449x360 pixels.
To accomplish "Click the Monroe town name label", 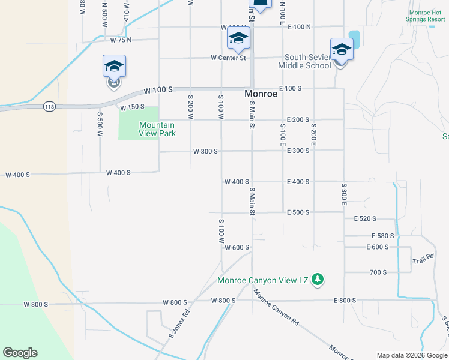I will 261,94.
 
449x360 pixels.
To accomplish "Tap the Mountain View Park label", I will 157,129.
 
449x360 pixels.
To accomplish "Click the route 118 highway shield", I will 49,107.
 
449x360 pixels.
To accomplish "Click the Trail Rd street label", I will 423,260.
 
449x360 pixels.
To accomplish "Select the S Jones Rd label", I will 179,324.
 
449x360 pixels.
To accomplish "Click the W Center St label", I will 228,58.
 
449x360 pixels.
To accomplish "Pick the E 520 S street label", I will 365,219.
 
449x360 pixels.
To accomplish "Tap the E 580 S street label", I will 382,236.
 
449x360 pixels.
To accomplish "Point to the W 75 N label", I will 121,40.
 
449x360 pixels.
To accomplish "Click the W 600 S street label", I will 237,247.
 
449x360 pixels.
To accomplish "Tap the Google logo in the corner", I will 20,353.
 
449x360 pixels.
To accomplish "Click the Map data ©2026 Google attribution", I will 411,355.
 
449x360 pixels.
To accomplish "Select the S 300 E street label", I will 345,195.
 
